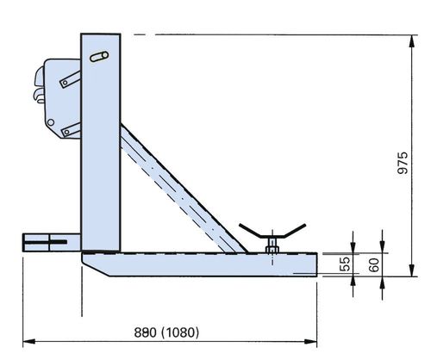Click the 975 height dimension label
[403, 163]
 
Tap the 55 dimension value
[345, 264]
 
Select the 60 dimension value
[374, 264]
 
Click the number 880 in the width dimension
[146, 332]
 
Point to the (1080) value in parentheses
[180, 332]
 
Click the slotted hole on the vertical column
[99, 56]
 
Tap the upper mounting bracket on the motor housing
[71, 79]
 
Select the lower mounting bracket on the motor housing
[72, 130]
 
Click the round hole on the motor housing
[51, 122]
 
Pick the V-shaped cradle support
[272, 232]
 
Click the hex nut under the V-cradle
[272, 249]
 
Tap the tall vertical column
[101, 142]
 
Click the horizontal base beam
[199, 264]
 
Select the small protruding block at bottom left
[52, 243]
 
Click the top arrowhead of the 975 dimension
[412, 41]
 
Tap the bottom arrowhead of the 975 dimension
[412, 270]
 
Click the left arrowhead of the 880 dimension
[28, 341]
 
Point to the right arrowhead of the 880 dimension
[311, 341]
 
